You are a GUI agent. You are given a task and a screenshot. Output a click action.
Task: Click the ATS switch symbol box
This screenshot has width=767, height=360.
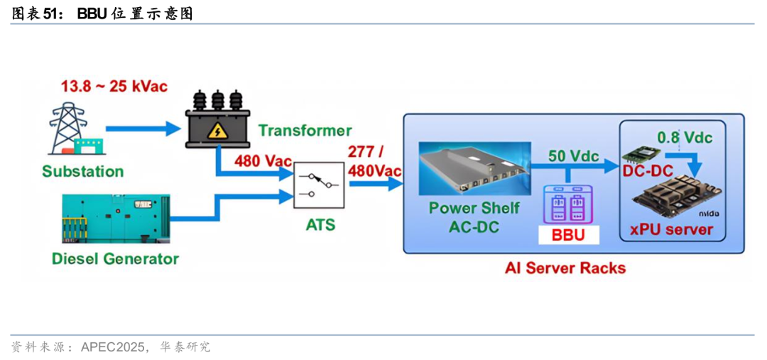click(x=319, y=183)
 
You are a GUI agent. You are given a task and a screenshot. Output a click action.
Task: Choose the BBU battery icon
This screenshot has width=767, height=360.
click(x=566, y=204)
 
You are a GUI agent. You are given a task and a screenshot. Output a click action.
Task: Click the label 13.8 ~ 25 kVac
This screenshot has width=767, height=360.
click(x=114, y=87)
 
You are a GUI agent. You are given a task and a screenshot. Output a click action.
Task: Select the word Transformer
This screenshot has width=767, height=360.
click(x=305, y=131)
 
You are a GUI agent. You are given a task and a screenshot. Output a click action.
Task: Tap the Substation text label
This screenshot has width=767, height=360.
click(x=82, y=171)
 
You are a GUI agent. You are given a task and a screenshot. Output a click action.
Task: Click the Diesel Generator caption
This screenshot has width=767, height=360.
click(x=115, y=258)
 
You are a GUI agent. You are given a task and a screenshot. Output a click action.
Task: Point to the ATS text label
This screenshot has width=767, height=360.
click(x=320, y=226)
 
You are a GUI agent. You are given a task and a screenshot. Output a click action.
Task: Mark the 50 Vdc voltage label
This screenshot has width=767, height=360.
click(x=574, y=156)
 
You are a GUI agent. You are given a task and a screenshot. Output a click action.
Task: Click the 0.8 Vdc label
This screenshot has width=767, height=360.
click(x=685, y=137)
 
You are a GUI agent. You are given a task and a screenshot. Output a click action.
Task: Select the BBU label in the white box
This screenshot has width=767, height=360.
click(x=567, y=235)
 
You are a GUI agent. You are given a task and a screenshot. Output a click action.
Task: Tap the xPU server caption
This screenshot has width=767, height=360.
click(x=670, y=230)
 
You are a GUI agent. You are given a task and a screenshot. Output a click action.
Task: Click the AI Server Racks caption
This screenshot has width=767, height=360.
click(x=565, y=268)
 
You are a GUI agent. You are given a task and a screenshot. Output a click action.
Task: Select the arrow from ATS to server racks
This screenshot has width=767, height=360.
click(x=375, y=184)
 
